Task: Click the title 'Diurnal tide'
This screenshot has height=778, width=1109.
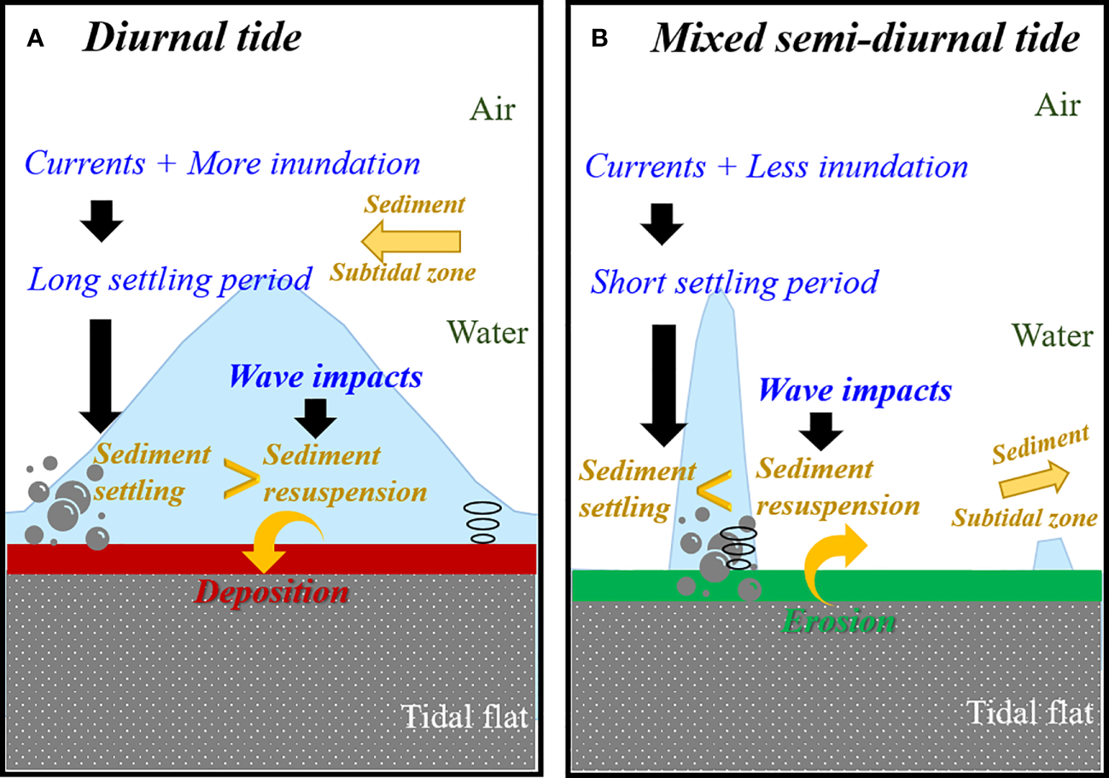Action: tap(191, 39)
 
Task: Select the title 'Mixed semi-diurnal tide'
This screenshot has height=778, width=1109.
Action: tap(864, 39)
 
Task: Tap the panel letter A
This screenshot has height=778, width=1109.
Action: tap(35, 39)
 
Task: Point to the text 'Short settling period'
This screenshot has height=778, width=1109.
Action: tap(733, 281)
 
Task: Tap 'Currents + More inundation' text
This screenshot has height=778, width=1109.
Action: tap(223, 164)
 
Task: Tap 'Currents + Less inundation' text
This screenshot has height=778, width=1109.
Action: tap(776, 167)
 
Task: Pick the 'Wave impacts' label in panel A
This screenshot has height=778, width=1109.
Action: tap(325, 376)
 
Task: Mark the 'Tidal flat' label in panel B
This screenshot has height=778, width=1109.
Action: tap(1030, 711)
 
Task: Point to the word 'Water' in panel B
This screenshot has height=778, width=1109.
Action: tap(1052, 336)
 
